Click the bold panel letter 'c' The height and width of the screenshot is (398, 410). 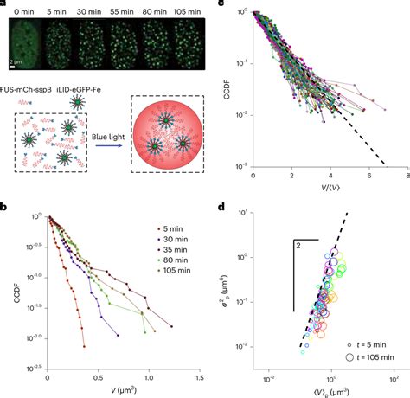click(x=223, y=5)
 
